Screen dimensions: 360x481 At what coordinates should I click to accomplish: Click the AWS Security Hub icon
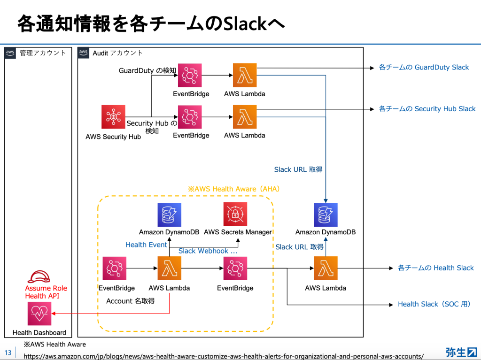[x=113, y=117]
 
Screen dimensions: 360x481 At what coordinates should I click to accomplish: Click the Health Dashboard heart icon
[x=39, y=314]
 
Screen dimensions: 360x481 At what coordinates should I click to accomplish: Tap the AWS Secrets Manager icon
[x=235, y=214]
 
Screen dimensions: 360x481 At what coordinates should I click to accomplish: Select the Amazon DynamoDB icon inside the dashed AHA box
[x=170, y=214]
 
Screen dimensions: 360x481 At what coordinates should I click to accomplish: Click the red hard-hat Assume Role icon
[x=39, y=276]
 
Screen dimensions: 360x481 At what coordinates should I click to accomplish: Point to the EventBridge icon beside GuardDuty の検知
[x=190, y=75]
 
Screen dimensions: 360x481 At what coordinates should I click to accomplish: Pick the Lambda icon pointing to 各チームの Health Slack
[x=326, y=268]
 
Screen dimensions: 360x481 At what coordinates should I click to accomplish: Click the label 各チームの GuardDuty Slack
[x=424, y=68]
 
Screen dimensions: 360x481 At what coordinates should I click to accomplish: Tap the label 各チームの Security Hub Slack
[x=427, y=109]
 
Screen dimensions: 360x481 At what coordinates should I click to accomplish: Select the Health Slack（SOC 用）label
[x=434, y=304]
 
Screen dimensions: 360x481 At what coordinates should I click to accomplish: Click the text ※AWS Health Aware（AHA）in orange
[x=234, y=189]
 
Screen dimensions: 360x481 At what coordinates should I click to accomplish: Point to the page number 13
[x=8, y=352]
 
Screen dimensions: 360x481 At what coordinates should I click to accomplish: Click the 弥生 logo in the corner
[x=461, y=352]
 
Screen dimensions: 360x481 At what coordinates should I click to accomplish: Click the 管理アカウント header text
[x=43, y=53]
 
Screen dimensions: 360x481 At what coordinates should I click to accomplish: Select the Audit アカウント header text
[x=117, y=53]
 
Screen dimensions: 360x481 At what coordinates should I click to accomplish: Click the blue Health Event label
[x=146, y=245]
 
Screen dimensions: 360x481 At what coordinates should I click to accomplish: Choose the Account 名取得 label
[x=130, y=301]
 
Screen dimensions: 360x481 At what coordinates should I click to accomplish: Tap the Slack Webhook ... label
[x=208, y=251]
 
